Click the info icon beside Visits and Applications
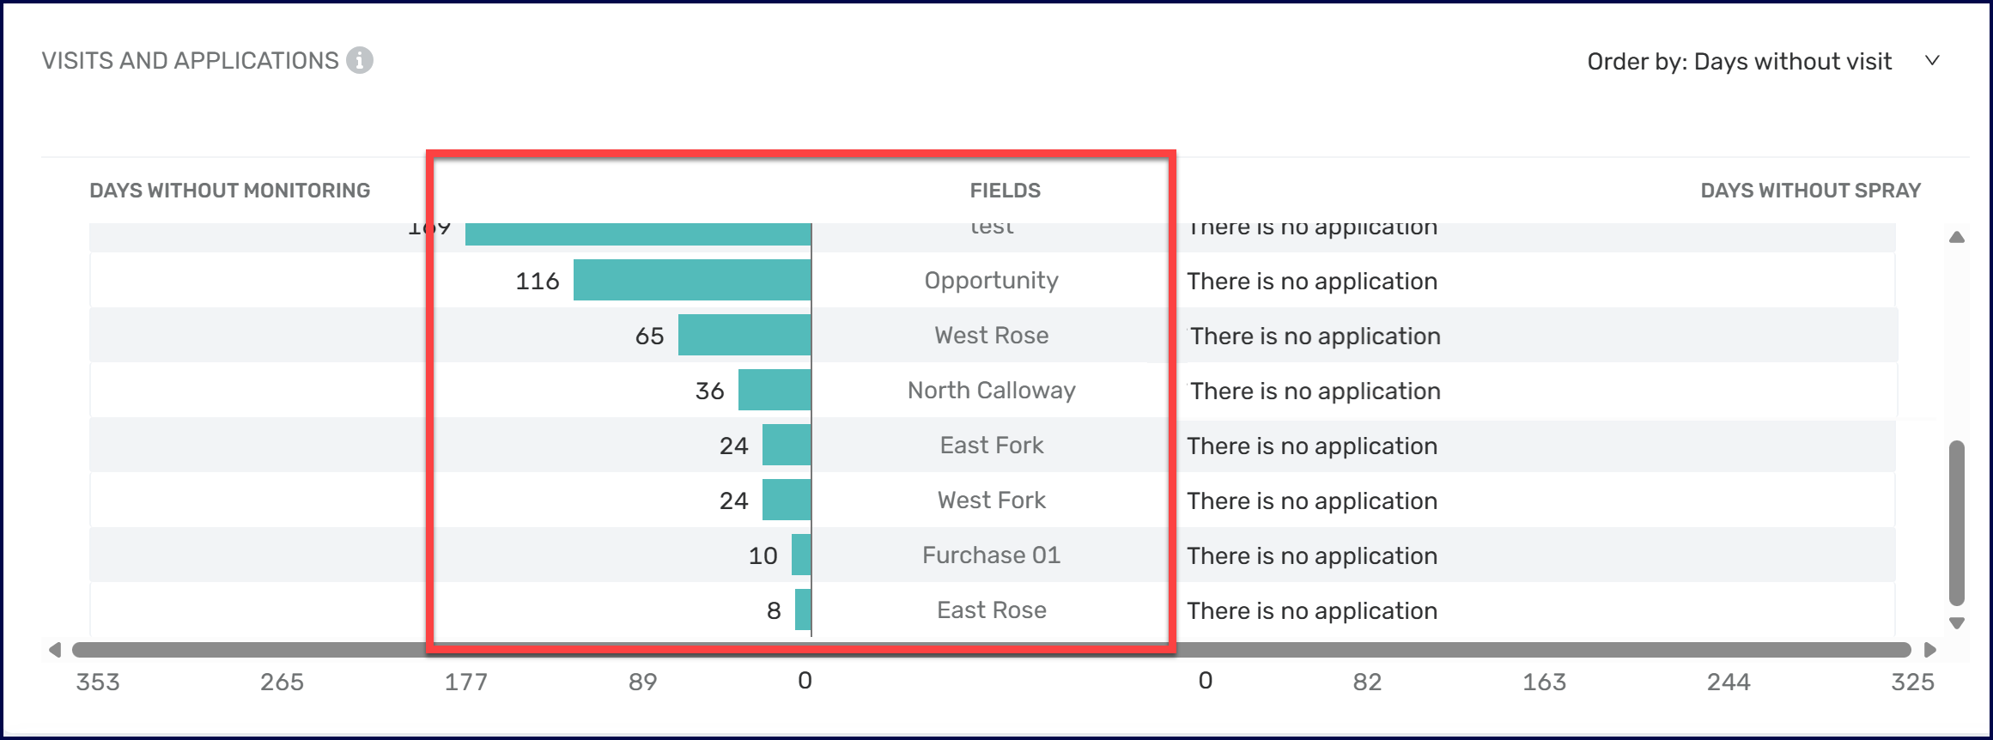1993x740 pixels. [360, 61]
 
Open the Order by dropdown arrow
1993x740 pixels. [1932, 61]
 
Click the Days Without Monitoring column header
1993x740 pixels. [229, 191]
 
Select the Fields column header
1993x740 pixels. [1005, 191]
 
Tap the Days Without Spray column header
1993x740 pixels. [1810, 191]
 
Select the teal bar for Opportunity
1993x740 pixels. [692, 280]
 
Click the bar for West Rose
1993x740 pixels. [744, 335]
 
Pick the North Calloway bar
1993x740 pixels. [775, 390]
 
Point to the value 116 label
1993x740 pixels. [538, 281]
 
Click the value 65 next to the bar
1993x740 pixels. [649, 336]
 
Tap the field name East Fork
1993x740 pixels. [992, 445]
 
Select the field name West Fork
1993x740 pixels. [992, 500]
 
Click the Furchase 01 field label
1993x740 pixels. [992, 555]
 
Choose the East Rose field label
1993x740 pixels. [992, 610]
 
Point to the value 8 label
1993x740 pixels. [774, 610]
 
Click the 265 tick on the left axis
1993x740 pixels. [282, 682]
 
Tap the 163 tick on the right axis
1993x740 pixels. [1544, 682]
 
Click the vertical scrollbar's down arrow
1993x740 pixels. [1957, 623]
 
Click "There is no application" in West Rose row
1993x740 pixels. [1315, 336]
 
